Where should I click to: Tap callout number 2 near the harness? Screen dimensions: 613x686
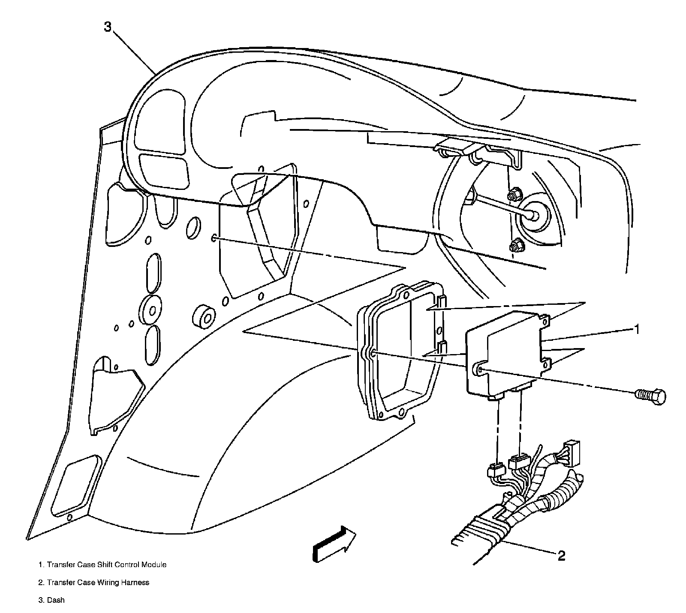[561, 556]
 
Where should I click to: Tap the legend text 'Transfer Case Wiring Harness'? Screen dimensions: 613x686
[98, 582]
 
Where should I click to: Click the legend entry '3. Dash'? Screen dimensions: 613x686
[51, 600]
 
